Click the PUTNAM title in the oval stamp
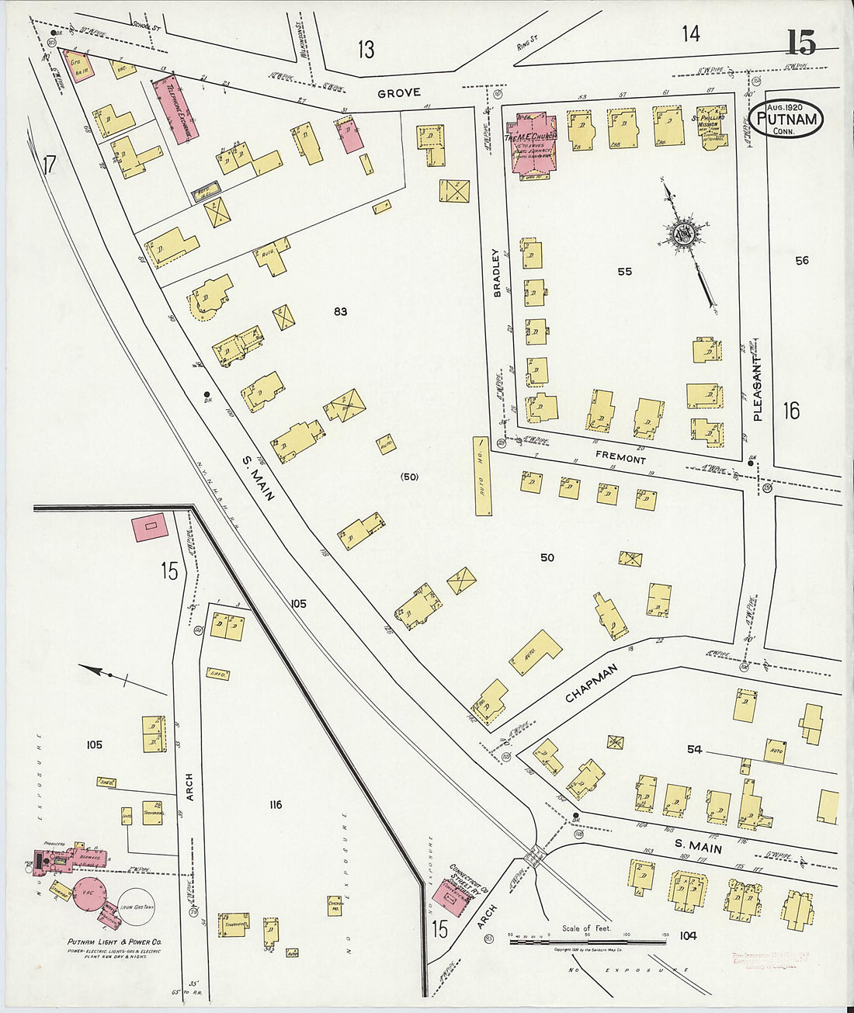click(785, 119)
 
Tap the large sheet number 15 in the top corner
click(801, 42)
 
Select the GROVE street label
click(399, 93)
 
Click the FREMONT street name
click(620, 459)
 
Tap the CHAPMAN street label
click(591, 683)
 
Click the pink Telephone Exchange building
click(173, 109)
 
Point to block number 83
click(339, 312)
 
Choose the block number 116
click(275, 805)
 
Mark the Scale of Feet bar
click(588, 942)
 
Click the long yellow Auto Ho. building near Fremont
click(482, 476)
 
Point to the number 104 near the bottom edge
click(687, 935)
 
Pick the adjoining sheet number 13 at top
click(366, 50)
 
